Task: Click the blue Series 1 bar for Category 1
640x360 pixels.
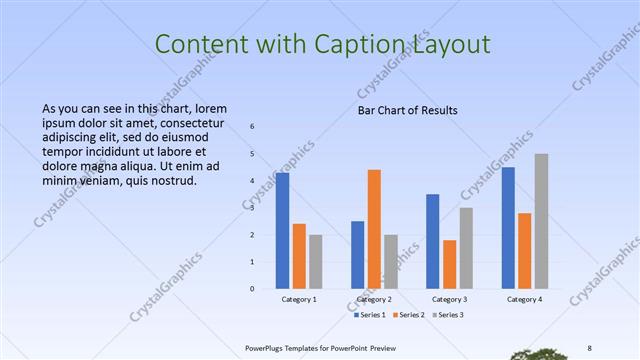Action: click(283, 230)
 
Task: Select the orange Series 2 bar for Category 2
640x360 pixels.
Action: click(374, 229)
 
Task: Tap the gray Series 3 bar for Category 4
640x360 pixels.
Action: click(541, 221)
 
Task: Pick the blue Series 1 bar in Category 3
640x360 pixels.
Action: click(433, 241)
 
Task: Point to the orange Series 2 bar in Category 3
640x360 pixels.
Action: click(450, 264)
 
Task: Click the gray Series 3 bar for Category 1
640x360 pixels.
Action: click(316, 261)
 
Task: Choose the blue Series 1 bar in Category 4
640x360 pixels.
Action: click(508, 227)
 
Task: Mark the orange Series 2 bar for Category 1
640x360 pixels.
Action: click(299, 256)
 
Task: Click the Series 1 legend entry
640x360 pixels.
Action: click(369, 315)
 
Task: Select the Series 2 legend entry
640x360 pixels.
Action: click(409, 315)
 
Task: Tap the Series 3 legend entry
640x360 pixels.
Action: click(448, 315)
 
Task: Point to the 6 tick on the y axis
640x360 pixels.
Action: click(252, 126)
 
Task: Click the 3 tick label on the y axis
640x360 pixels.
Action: click(252, 208)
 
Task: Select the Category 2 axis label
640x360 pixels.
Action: click(374, 299)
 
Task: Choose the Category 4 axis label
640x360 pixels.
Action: click(524, 299)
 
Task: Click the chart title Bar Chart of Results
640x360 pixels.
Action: click(408, 110)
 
